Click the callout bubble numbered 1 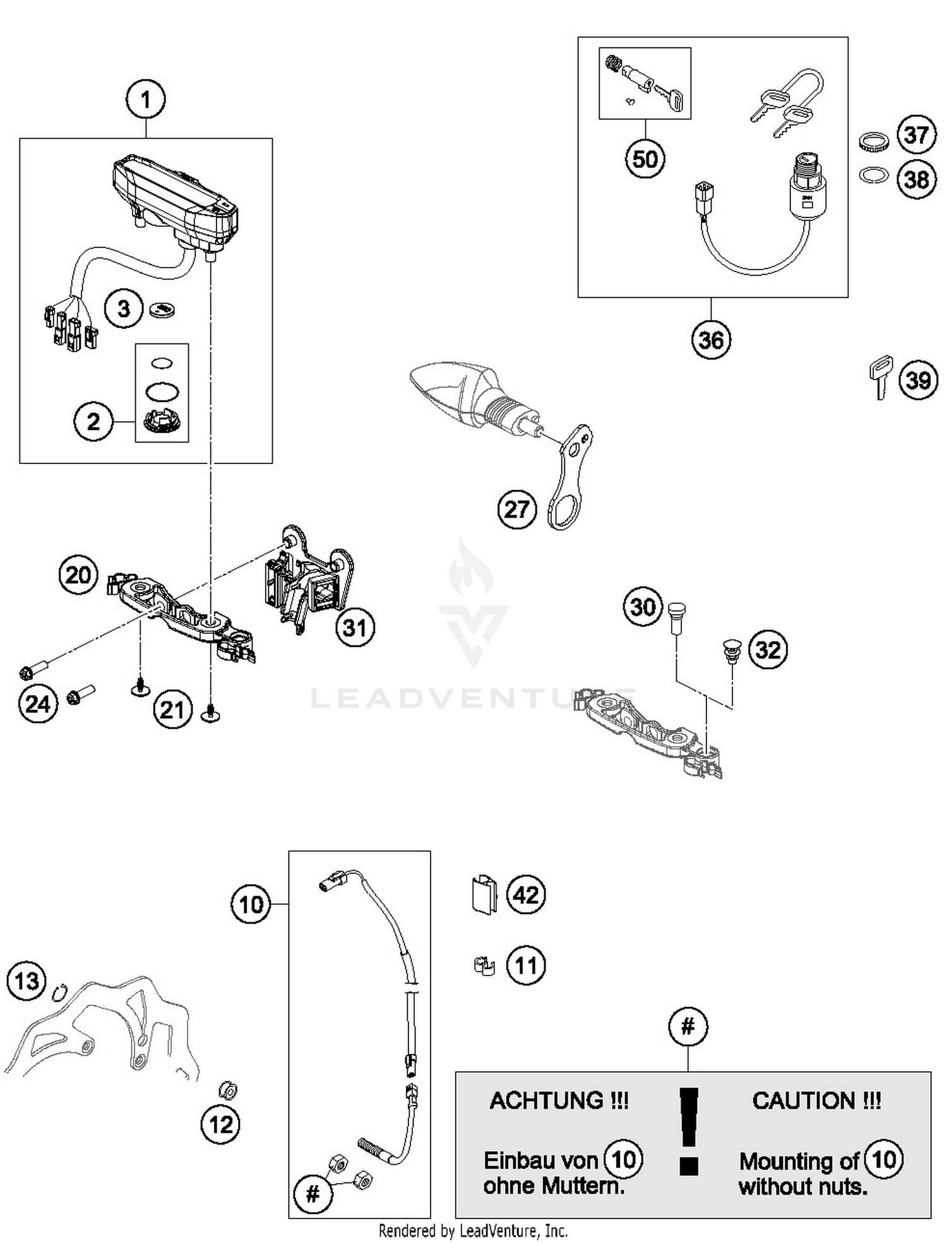(146, 100)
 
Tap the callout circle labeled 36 (711, 340)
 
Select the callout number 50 (645, 158)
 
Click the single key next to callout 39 (880, 377)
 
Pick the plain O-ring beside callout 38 (872, 175)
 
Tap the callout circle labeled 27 (516, 509)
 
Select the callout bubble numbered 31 (355, 628)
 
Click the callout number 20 (78, 575)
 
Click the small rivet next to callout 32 (731, 652)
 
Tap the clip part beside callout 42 (484, 895)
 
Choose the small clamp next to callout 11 (484, 966)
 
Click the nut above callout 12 (227, 1090)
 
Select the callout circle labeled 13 (27, 981)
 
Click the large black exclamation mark (689, 1130)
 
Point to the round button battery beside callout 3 (162, 309)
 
